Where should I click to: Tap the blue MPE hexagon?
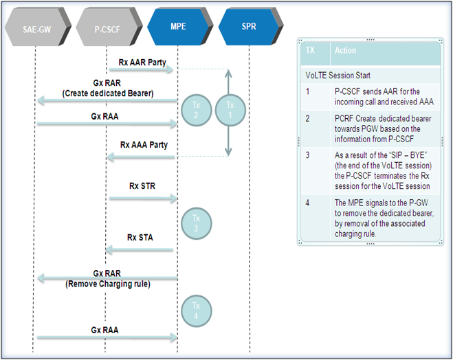pyautogui.click(x=179, y=26)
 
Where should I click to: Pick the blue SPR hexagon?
pyautogui.click(x=250, y=26)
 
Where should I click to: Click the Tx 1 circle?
pyautogui.click(x=230, y=110)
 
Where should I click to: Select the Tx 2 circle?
pyautogui.click(x=196, y=110)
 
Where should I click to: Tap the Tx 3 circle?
pyautogui.click(x=196, y=223)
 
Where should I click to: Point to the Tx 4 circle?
pyautogui.click(x=196, y=311)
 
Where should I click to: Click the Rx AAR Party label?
pyautogui.click(x=142, y=63)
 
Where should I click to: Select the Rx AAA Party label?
pyautogui.click(x=144, y=145)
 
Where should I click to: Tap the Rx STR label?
pyautogui.click(x=142, y=186)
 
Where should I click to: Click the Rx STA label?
pyautogui.click(x=140, y=237)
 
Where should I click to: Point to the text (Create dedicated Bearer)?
pyautogui.click(x=108, y=93)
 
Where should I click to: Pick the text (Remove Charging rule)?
pyautogui.click(x=108, y=284)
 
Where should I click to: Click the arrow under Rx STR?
pyautogui.click(x=143, y=199)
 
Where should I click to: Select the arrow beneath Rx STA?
pyautogui.click(x=140, y=249)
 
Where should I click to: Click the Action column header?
pyautogui.click(x=345, y=50)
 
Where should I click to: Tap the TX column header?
pyautogui.click(x=310, y=50)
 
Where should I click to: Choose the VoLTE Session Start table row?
pyautogui.click(x=370, y=76)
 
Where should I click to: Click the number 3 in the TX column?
pyautogui.click(x=307, y=155)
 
